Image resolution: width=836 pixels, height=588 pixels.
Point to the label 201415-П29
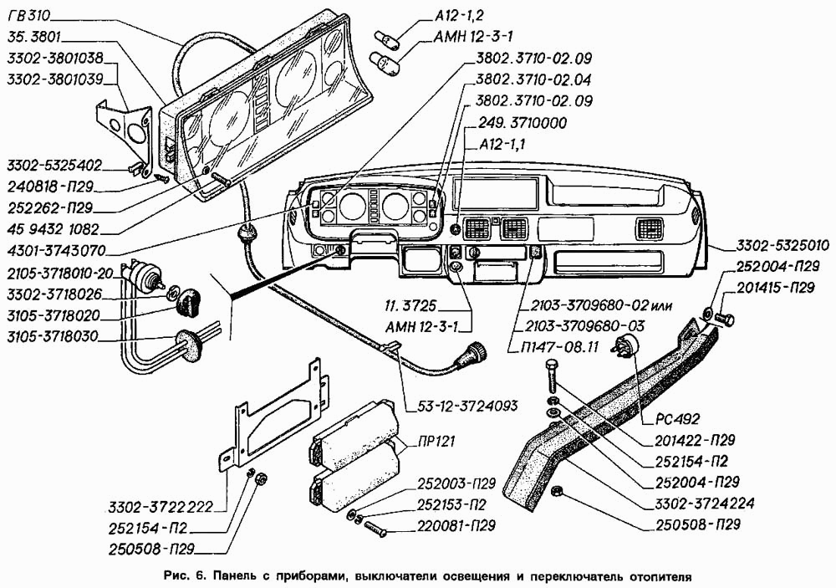point(777,288)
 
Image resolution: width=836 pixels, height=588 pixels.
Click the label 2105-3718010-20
point(59,273)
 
